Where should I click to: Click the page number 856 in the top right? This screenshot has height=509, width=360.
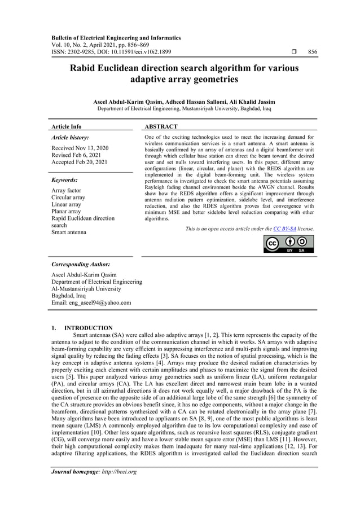tap(312, 52)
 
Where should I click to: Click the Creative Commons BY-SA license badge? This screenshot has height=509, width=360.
tap(288, 244)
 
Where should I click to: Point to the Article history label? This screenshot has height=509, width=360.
tap(70, 138)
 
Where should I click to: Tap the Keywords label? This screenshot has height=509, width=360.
tap(65, 180)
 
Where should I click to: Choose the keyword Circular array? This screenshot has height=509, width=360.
tap(68, 198)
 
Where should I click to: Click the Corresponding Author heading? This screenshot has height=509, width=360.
tap(81, 264)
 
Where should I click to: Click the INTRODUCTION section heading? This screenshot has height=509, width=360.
tap(89, 328)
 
